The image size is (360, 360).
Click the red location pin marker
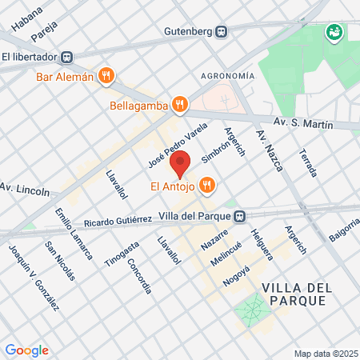180,162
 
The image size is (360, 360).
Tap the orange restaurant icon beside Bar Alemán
106,77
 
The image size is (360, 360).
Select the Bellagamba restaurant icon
181,104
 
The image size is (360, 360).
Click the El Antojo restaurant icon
207,186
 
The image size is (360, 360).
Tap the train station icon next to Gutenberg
221,32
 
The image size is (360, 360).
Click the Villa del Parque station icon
239,215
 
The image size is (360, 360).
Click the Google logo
26,350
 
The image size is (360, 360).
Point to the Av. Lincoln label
25,189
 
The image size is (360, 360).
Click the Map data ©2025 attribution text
324,354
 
